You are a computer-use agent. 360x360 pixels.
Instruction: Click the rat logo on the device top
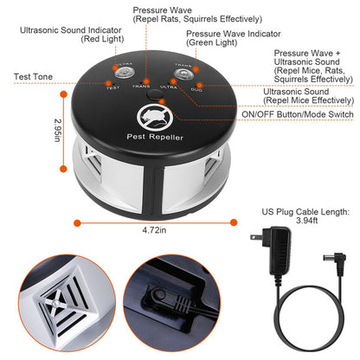click(150, 118)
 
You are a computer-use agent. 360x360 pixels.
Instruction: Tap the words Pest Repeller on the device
click(150, 139)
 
